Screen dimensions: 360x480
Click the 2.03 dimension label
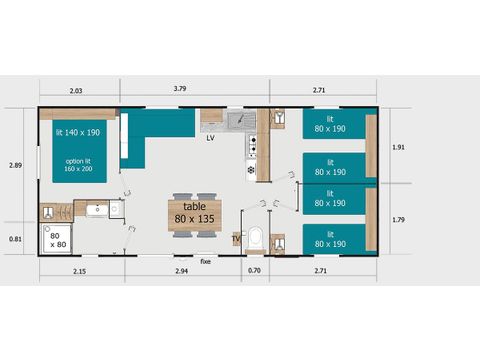(x=77, y=90)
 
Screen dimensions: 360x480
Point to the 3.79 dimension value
(x=179, y=90)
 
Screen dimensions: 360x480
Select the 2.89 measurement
(x=14, y=165)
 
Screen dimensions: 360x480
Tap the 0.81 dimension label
(x=14, y=239)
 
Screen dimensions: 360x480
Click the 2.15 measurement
(x=79, y=271)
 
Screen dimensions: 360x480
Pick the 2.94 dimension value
(x=182, y=271)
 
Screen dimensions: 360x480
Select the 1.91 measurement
(x=397, y=147)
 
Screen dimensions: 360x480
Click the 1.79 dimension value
(x=397, y=219)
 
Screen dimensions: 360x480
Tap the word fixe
(x=206, y=260)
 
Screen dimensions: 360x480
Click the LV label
(x=210, y=138)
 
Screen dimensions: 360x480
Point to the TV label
(x=236, y=239)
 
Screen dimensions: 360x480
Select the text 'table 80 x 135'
(x=193, y=213)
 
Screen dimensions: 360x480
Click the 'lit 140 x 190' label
(x=78, y=132)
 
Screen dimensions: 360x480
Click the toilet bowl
(x=256, y=239)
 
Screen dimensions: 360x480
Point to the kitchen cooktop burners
(x=252, y=147)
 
